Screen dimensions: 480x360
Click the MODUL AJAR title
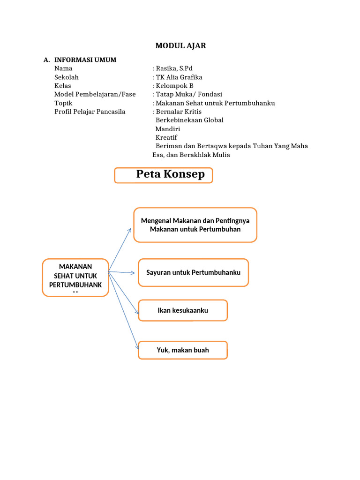[x=180, y=45]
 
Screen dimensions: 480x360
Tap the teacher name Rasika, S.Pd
[x=174, y=68]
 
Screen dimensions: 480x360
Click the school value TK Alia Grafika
[x=179, y=77]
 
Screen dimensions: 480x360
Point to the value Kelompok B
[x=174, y=86]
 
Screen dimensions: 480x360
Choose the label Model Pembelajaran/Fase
[x=95, y=94]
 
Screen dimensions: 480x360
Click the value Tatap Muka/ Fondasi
[x=188, y=94]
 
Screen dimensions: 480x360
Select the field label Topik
[x=63, y=103]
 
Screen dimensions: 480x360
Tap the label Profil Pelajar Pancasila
[x=90, y=112]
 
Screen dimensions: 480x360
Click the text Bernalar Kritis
[x=179, y=112]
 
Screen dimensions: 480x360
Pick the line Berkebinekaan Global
[x=189, y=120]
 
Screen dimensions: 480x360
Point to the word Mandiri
[x=168, y=129]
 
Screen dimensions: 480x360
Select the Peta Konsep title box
[x=164, y=175]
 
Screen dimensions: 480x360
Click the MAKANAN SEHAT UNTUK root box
[x=75, y=277]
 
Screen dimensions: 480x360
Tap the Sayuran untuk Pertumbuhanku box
[x=193, y=272]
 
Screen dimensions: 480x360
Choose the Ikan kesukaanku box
[x=183, y=310]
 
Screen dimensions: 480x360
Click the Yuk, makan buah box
[x=183, y=350]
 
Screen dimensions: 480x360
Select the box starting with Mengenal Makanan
[x=195, y=225]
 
